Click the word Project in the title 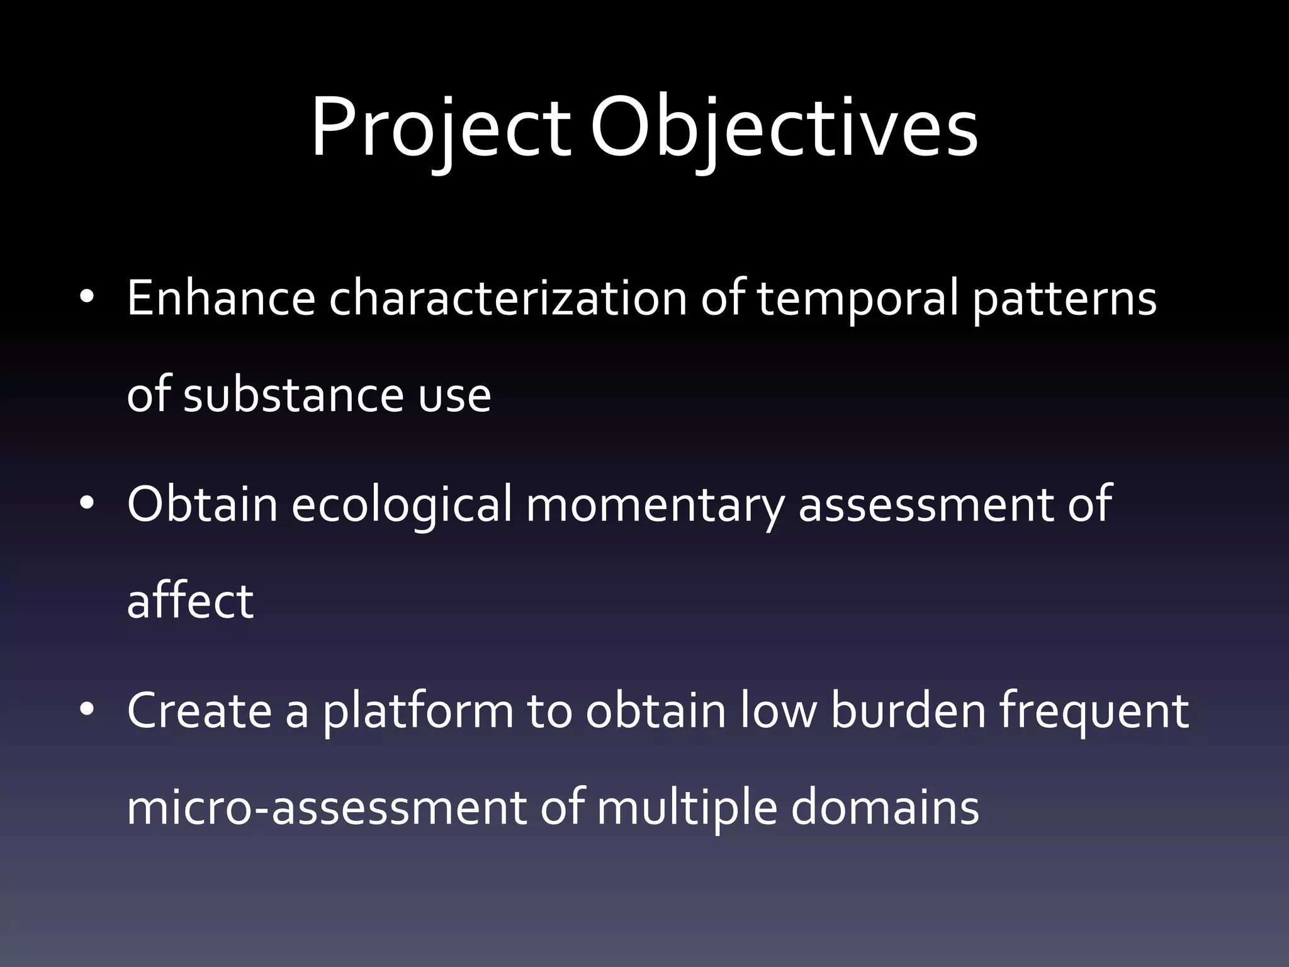point(441,129)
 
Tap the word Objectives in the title point(784,129)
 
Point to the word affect point(190,601)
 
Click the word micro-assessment point(326,808)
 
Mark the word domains point(885,808)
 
